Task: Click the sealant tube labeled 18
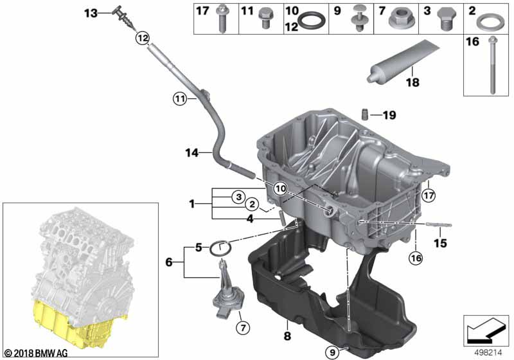point(403,62)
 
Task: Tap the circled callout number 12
point(143,38)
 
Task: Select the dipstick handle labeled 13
point(124,17)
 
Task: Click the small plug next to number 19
point(364,115)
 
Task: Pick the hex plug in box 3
point(446,19)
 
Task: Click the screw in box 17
point(222,19)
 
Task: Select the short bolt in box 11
point(264,18)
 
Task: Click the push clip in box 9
point(359,19)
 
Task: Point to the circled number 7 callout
point(243,328)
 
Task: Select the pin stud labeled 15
point(439,224)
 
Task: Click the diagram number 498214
point(488,353)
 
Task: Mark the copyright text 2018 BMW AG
point(37,353)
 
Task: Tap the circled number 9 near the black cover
point(332,352)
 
